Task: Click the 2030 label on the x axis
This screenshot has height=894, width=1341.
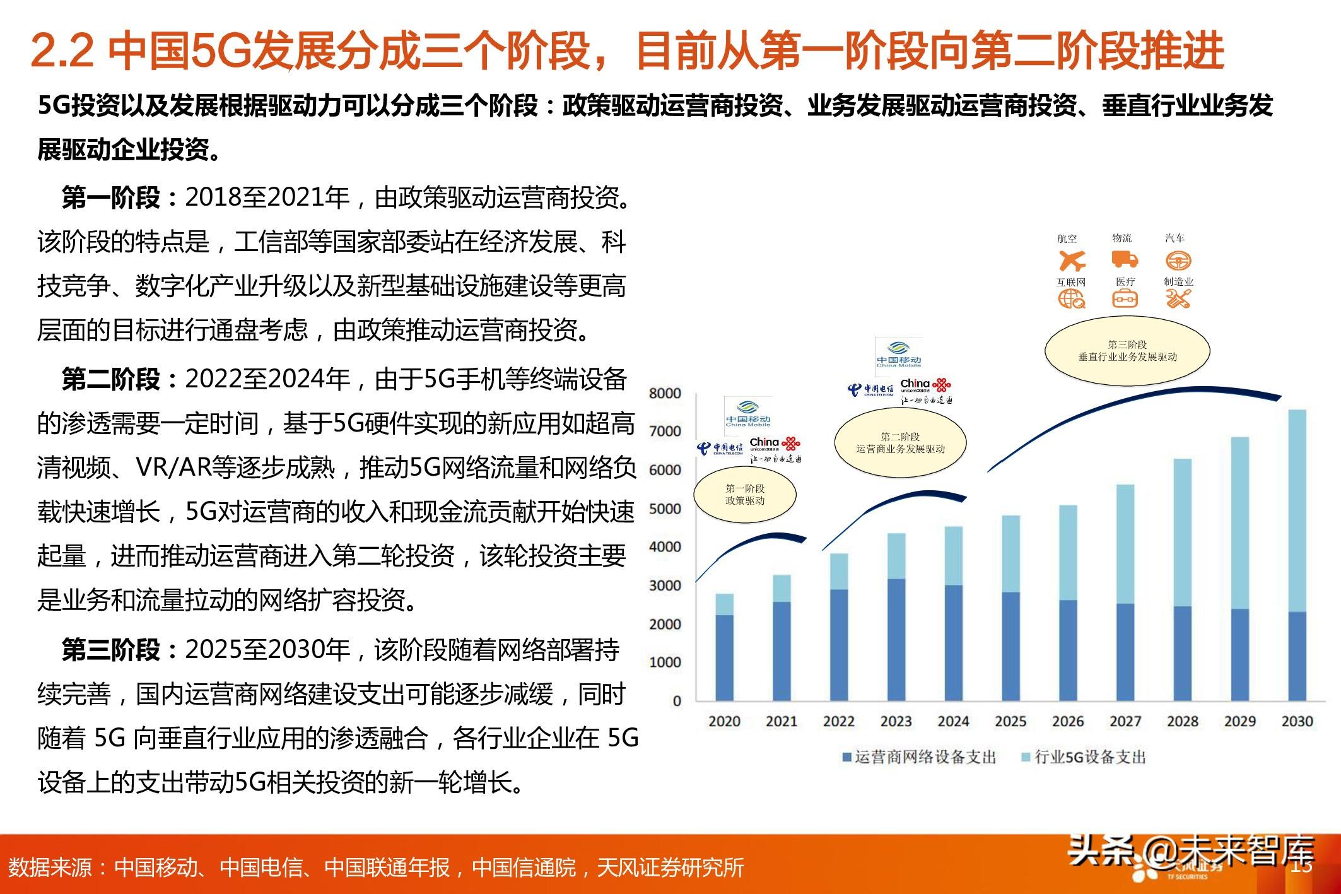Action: coord(1296,721)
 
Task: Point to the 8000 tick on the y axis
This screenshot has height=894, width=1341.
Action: coord(665,393)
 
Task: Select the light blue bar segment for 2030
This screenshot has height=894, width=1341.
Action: coord(1296,510)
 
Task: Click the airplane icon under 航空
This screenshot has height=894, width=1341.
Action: coord(1071,260)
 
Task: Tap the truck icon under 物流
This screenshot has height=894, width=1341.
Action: coord(1124,259)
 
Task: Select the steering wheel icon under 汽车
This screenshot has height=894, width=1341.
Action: coord(1178,260)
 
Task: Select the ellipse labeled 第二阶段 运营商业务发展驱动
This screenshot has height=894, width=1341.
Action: coord(900,443)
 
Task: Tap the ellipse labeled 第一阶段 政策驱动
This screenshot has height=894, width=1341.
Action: coord(745,495)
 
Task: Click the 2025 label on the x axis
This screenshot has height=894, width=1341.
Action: coord(1010,721)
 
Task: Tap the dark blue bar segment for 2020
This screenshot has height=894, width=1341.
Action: coord(724,657)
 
